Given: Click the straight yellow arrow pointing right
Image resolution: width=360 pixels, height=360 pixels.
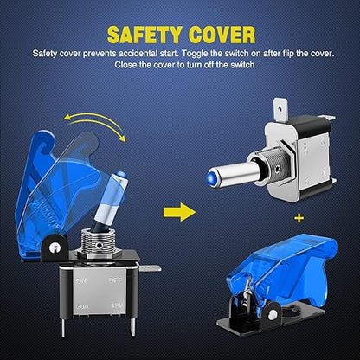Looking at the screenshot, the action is point(179,212).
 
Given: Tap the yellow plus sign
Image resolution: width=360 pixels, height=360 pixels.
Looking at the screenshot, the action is point(299,218).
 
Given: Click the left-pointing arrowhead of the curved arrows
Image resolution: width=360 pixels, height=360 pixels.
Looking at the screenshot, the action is point(67,117).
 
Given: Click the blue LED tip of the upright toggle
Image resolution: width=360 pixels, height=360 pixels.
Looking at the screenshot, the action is point(121,174).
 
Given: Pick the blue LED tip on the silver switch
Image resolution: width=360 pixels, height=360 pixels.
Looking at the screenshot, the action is point(210,177).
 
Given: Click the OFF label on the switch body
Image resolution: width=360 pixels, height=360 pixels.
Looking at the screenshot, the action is point(115,280).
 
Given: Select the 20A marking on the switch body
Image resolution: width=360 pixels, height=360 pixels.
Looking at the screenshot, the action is point(82,306).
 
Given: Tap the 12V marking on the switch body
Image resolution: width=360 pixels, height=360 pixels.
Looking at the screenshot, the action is point(117,305).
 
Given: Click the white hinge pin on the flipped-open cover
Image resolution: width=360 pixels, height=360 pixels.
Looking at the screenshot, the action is point(53,247).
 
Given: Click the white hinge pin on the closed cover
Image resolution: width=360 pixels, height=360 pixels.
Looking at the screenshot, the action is point(272,315).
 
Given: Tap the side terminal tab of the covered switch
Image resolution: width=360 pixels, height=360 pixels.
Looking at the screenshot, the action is point(150,268).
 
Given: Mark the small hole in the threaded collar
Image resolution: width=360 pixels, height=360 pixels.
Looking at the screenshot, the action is point(100,246).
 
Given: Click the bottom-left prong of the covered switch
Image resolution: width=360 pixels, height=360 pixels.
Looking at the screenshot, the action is point(64,327).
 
